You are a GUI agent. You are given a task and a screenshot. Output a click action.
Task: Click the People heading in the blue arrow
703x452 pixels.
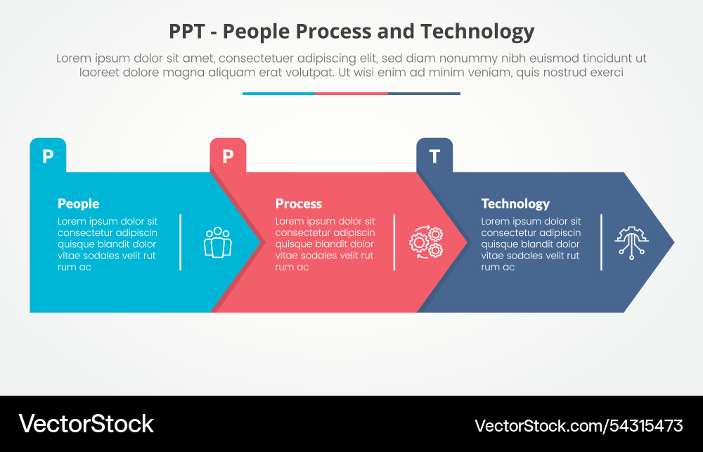79,203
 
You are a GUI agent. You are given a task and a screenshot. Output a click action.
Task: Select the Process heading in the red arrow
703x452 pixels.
299,203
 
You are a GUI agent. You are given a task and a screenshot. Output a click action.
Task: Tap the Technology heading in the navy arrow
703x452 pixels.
515,203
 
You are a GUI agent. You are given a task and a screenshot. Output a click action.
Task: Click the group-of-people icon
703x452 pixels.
218,242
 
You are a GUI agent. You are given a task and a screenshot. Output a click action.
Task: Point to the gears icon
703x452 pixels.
427,242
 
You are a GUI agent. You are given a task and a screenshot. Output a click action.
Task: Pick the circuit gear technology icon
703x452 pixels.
632,242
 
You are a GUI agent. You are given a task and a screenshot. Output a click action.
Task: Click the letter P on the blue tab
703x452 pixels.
48,156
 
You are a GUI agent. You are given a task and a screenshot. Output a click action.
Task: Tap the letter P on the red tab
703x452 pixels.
228,156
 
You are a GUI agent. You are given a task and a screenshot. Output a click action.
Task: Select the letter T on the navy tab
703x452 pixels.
434,156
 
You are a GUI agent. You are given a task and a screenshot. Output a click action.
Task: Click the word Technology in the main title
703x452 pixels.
477,32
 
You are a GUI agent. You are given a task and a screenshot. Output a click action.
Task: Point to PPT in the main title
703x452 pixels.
186,32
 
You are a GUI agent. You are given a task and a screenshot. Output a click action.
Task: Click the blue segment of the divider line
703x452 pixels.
279,94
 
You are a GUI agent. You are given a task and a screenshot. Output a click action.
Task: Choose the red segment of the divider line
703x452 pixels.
351,94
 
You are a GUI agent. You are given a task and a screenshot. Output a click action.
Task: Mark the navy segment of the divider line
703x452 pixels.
424,94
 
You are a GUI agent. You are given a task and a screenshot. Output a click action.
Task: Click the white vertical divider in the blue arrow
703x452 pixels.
180,242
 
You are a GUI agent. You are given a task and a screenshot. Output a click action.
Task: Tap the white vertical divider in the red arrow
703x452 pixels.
394,242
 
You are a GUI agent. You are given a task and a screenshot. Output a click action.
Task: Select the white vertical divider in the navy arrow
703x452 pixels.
601,242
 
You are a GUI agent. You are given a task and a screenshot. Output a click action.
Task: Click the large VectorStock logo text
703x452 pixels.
86,424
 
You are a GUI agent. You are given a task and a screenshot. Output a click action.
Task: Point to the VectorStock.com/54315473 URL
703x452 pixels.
579,425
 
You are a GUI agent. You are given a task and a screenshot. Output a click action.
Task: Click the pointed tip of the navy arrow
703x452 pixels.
674,242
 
